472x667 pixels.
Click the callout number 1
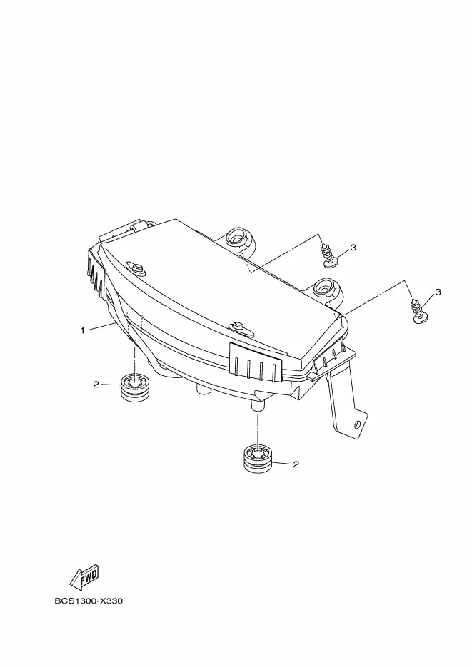click(83, 330)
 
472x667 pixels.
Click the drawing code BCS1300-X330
click(89, 601)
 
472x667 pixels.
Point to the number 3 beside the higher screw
click(352, 247)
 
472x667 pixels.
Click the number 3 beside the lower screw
click(438, 292)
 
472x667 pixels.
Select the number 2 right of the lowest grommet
click(296, 464)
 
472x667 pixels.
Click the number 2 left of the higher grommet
click(96, 385)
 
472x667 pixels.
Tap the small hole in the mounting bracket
click(356, 425)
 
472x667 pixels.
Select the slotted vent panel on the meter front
click(256, 360)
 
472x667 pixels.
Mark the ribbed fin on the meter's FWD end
click(96, 273)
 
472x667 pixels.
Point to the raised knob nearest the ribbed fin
click(135, 268)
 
